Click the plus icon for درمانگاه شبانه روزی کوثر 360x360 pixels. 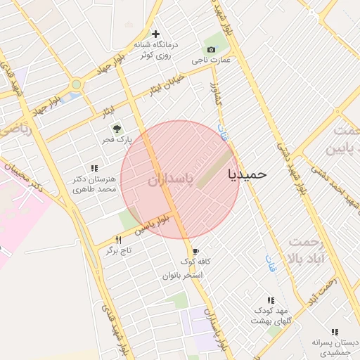pos(156,34)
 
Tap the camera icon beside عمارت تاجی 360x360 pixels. pos(212,49)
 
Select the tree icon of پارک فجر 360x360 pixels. pos(117,129)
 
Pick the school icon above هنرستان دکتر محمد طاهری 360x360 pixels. pos(94,167)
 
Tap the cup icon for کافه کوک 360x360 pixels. pos(195,251)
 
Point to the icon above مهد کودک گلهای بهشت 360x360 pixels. pos(271,300)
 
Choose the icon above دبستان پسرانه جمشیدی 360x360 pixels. pos(335,332)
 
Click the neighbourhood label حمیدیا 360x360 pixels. pos(248,174)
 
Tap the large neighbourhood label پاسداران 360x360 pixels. pos(169,181)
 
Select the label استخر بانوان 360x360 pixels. pos(183,275)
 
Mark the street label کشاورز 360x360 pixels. pos(218,94)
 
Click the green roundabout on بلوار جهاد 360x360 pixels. pos(76,84)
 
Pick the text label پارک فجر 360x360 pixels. pos(114,141)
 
